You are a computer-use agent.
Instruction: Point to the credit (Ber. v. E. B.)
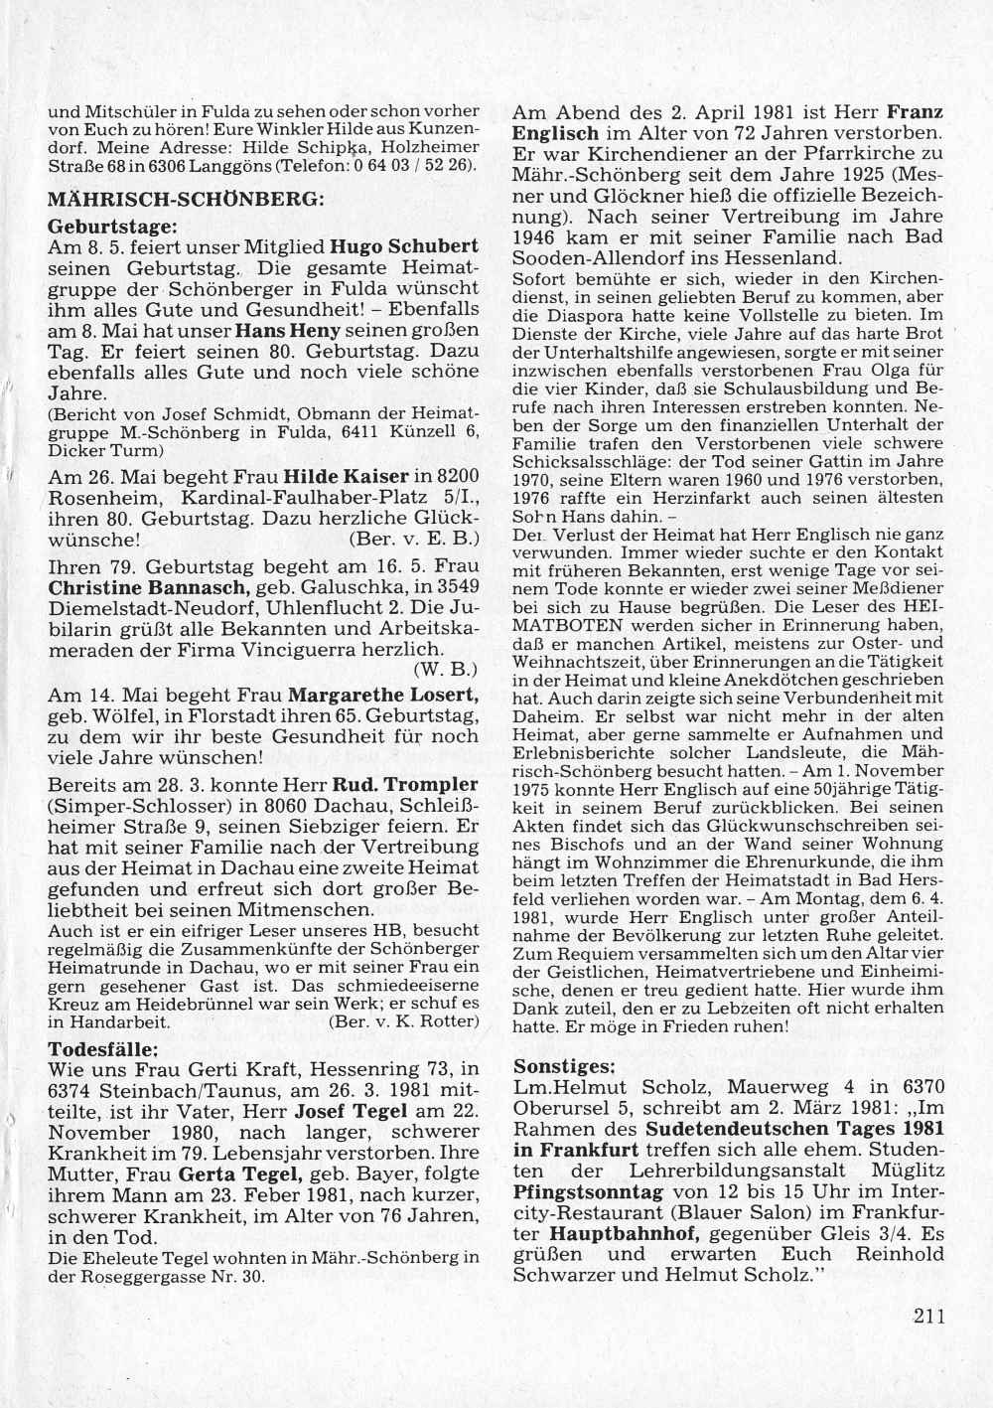coord(416,540)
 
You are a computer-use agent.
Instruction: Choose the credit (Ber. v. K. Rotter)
coord(403,1020)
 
